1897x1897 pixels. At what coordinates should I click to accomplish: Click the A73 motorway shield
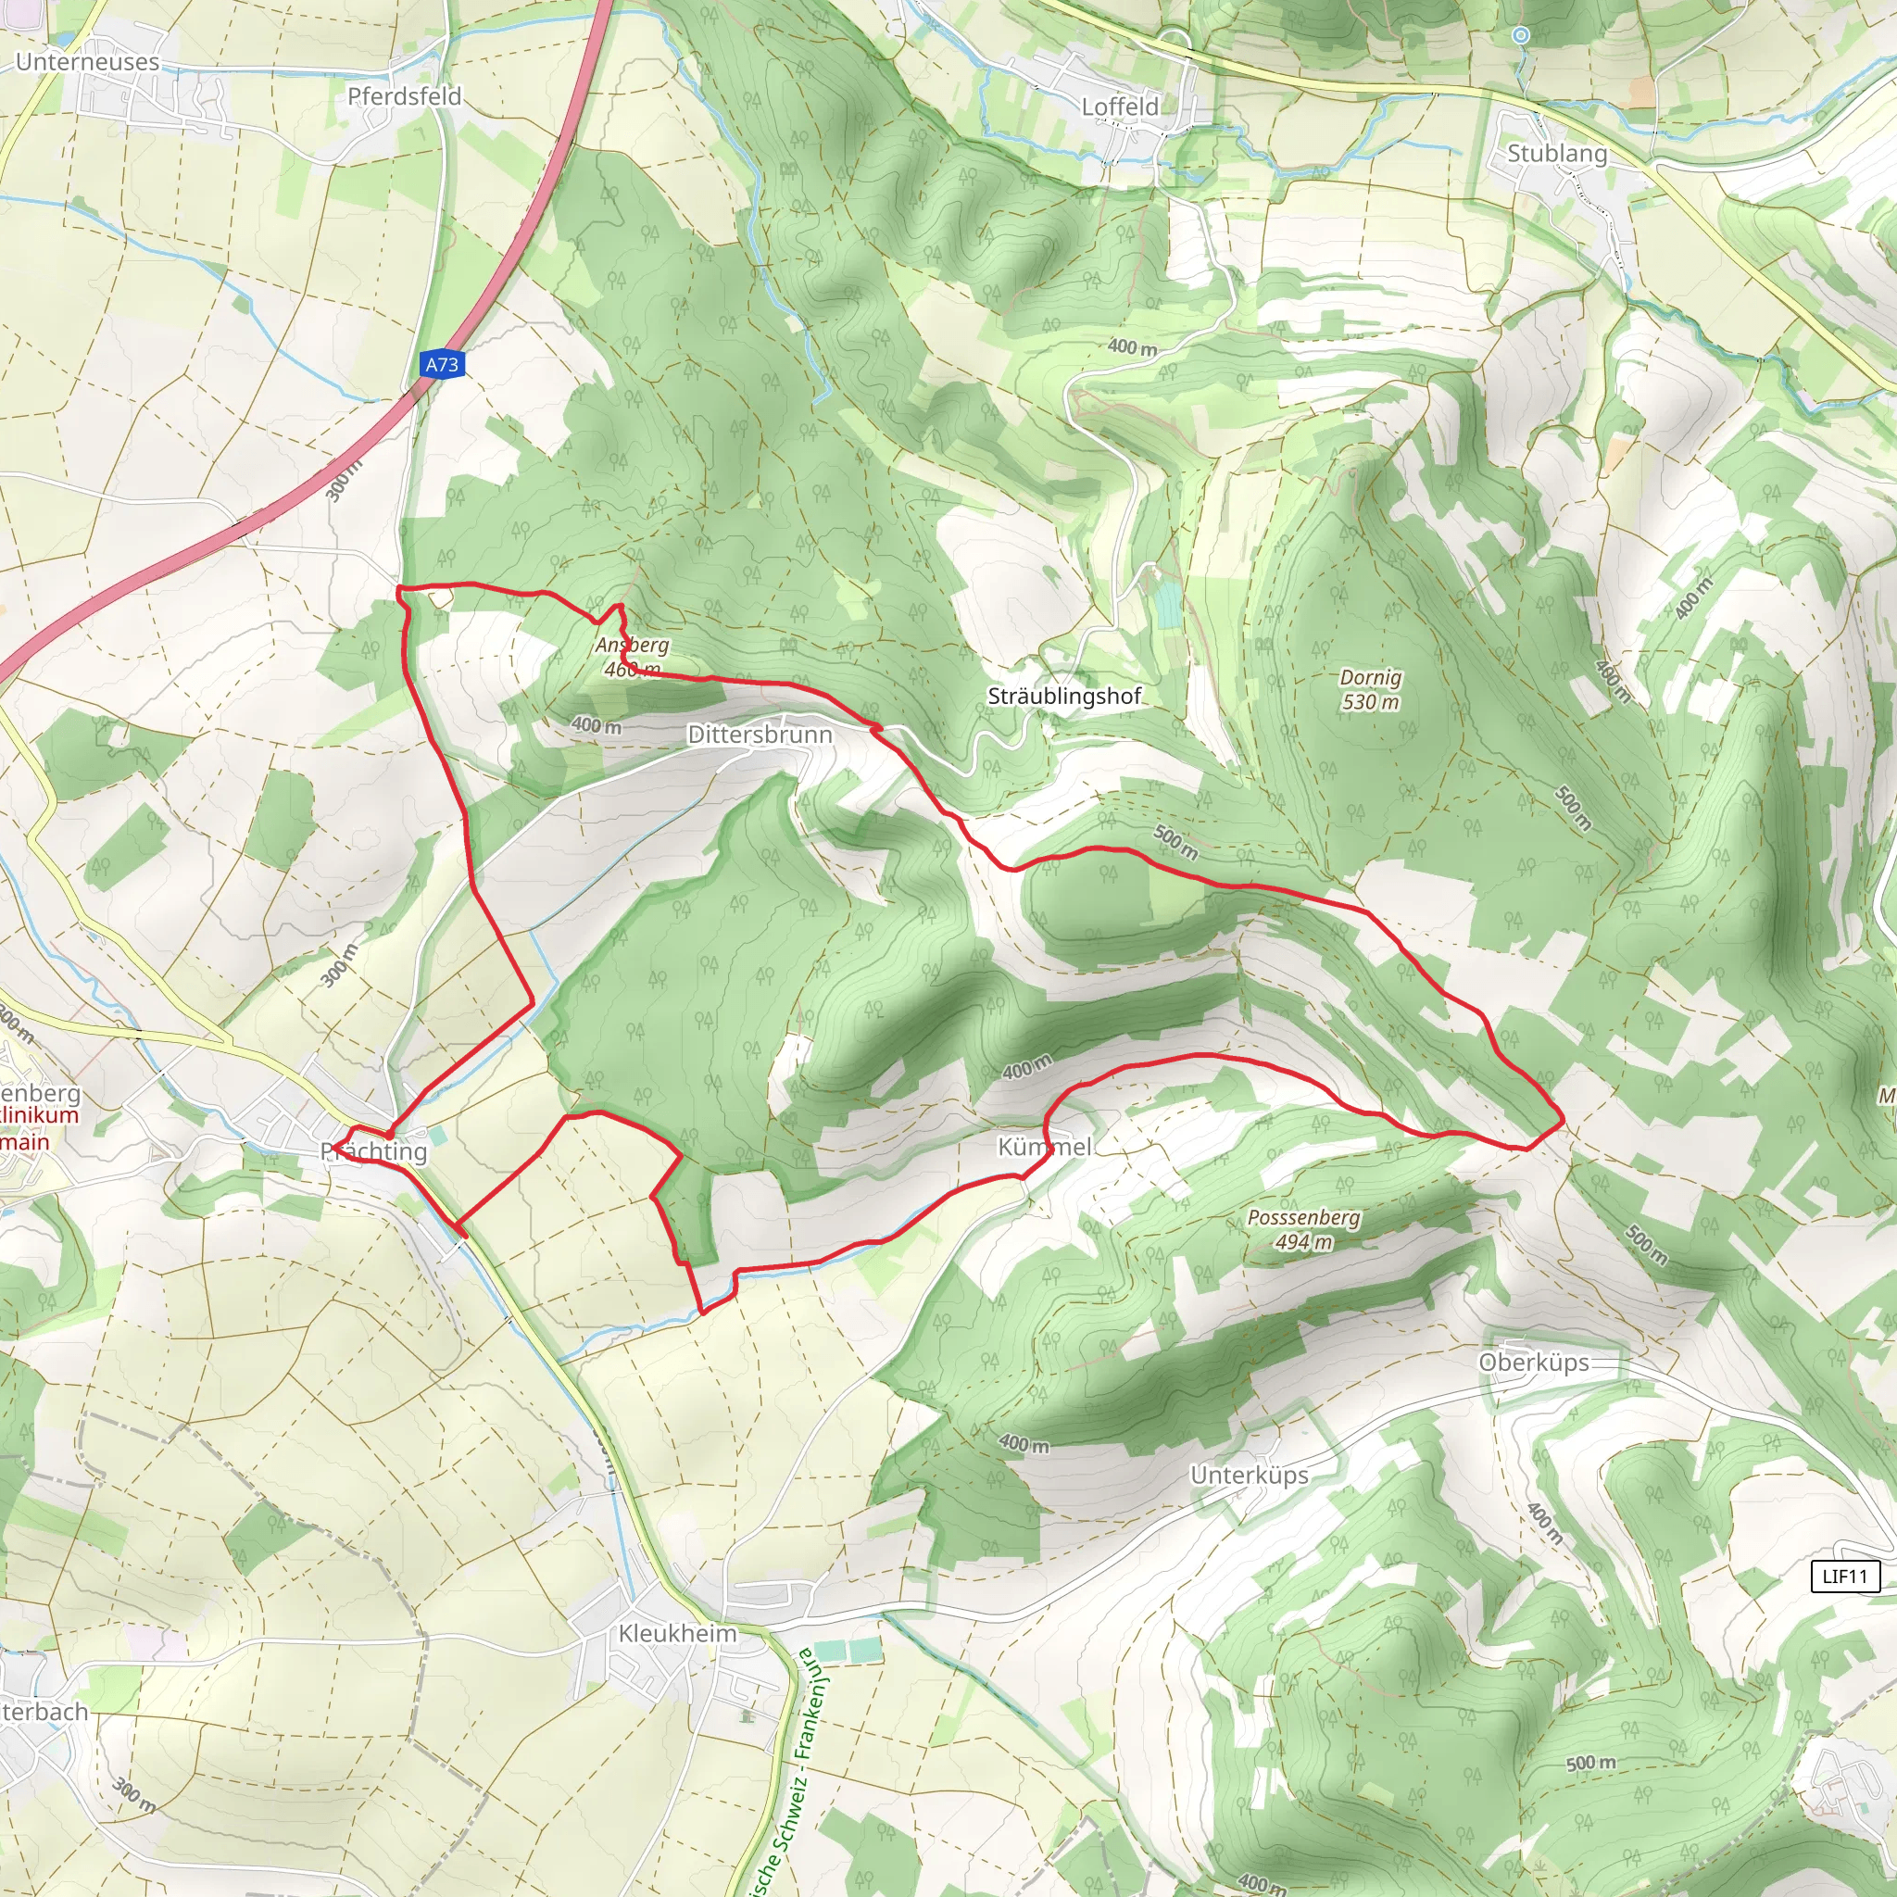coord(442,364)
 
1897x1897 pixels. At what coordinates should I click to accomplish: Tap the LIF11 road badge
coord(1844,1576)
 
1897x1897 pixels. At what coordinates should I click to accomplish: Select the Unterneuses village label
coord(87,62)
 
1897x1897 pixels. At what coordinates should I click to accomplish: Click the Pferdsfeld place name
coord(405,96)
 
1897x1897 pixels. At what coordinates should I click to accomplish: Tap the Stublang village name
coord(1557,153)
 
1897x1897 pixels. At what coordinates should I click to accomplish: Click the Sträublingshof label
coord(1064,697)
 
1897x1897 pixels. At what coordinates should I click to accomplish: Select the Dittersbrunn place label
coord(760,735)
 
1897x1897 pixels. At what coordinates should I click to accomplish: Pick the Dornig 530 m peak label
coord(1371,689)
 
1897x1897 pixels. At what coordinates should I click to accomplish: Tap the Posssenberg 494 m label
coord(1304,1229)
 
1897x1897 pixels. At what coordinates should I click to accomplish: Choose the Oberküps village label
coord(1534,1363)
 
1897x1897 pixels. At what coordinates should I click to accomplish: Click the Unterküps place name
coord(1249,1475)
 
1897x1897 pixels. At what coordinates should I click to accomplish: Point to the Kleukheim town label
coord(677,1633)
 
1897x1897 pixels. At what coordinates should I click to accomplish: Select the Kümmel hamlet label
coord(1045,1147)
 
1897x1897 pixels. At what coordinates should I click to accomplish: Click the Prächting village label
coord(374,1151)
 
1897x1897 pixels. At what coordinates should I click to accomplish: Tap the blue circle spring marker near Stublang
coord(1521,35)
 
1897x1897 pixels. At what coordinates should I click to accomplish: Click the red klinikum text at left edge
coord(39,1115)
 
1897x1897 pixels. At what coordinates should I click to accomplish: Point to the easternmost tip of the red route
coord(1564,1118)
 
